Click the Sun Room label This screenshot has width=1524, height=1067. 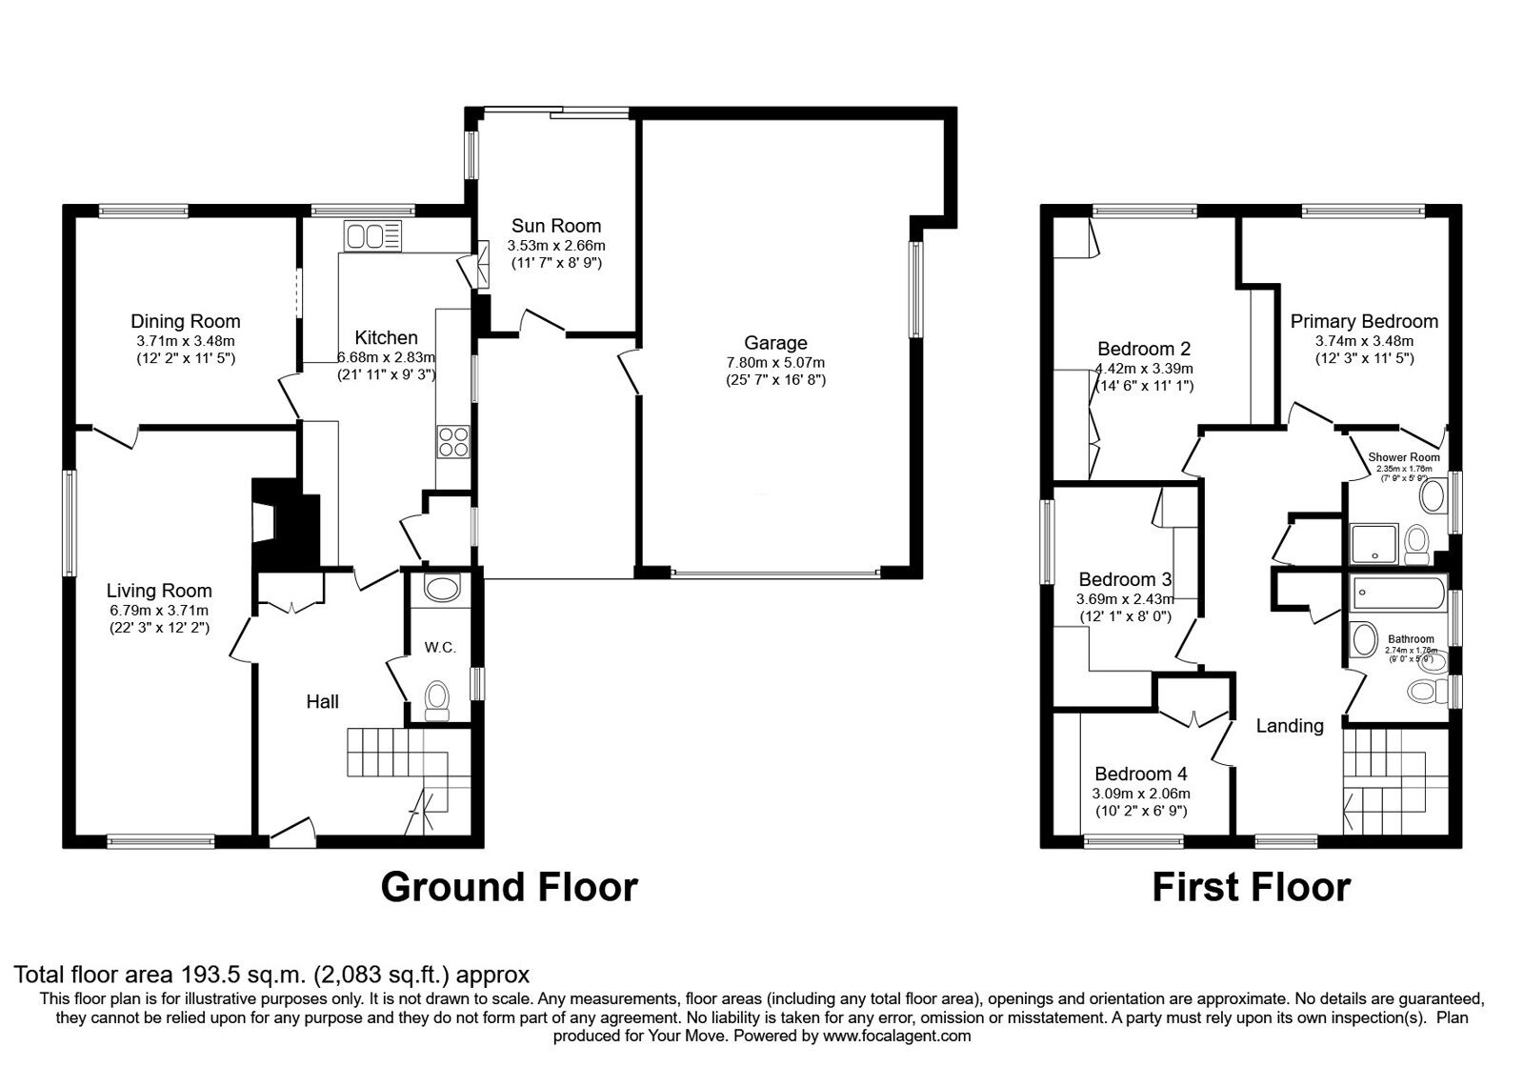click(x=556, y=226)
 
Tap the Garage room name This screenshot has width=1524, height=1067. click(x=775, y=343)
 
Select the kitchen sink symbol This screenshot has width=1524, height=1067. click(x=373, y=235)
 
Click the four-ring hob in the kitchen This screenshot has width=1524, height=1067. click(x=453, y=441)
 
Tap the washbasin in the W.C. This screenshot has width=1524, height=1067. click(x=439, y=589)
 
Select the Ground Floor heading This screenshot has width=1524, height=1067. click(x=509, y=887)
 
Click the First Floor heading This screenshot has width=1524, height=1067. click(x=1251, y=887)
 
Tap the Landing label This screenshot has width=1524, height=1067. click(x=1289, y=726)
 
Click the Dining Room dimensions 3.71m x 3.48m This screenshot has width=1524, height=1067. click(x=185, y=340)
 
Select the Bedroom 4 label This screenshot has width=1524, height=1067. click(x=1139, y=775)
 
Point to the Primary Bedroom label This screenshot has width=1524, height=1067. click(x=1364, y=321)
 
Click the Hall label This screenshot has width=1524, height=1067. click(x=322, y=702)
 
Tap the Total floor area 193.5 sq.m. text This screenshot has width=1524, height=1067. click(x=271, y=975)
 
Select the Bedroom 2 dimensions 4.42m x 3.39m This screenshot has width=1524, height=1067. click(x=1144, y=368)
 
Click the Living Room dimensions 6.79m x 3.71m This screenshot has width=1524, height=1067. click(x=159, y=610)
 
